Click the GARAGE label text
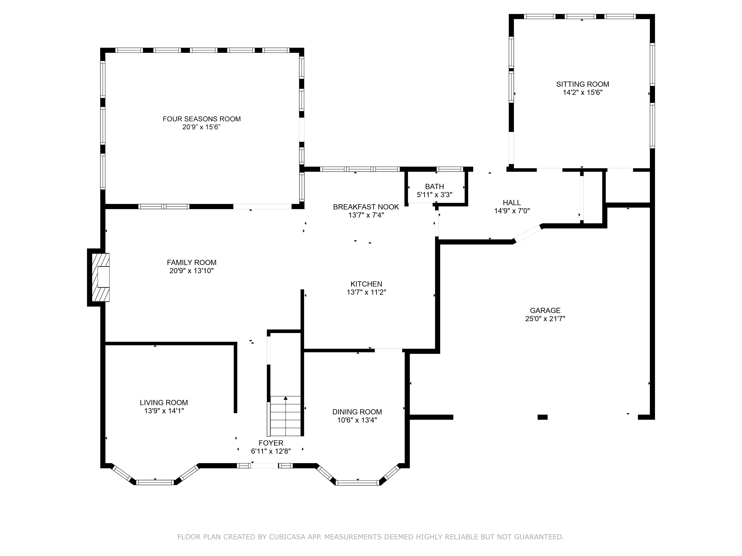pos(545,311)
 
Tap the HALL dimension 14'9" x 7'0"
pos(512,211)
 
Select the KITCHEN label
pos(366,284)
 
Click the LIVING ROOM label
pos(164,403)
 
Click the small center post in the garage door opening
pos(542,417)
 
